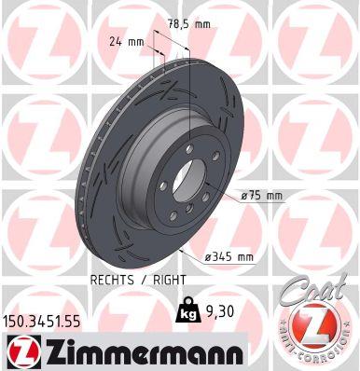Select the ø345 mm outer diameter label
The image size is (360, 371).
pos(229,256)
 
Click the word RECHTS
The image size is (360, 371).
pos(115,279)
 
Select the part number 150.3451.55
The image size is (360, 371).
pos(51,321)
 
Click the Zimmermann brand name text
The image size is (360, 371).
pos(135,351)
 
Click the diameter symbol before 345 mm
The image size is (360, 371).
pos(210,256)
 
